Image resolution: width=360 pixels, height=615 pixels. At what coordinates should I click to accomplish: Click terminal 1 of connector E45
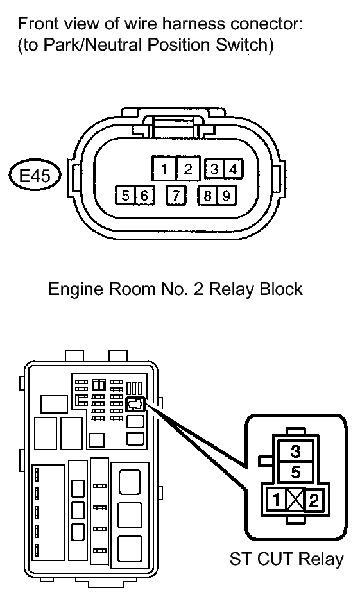(164, 169)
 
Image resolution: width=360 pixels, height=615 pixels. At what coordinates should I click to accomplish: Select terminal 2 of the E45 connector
(189, 169)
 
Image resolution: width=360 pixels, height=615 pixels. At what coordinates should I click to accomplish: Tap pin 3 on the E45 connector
(214, 169)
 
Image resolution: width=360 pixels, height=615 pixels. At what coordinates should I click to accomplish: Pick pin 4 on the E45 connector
(233, 169)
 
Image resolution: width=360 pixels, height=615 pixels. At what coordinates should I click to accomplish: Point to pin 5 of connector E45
(125, 195)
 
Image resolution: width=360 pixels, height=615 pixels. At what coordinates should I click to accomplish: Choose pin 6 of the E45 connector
(144, 195)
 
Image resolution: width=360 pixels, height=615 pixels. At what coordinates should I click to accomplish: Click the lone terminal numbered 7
(176, 195)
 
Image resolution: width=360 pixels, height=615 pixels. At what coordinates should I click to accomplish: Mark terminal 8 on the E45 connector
(207, 195)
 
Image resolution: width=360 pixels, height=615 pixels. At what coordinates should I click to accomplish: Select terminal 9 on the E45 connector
(226, 195)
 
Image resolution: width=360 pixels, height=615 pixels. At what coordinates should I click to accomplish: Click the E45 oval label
(35, 176)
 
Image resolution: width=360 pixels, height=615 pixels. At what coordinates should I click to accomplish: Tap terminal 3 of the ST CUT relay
(296, 451)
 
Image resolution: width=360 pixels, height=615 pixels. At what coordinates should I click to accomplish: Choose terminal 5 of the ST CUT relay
(296, 473)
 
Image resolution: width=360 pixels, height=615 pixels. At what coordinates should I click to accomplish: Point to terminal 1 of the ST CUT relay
(277, 500)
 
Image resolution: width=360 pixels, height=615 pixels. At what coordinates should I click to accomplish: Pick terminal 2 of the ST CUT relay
(313, 500)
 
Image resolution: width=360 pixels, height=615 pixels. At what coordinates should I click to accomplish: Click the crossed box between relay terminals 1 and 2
(295, 500)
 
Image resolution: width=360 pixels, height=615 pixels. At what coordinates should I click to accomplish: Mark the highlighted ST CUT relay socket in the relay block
(135, 404)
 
